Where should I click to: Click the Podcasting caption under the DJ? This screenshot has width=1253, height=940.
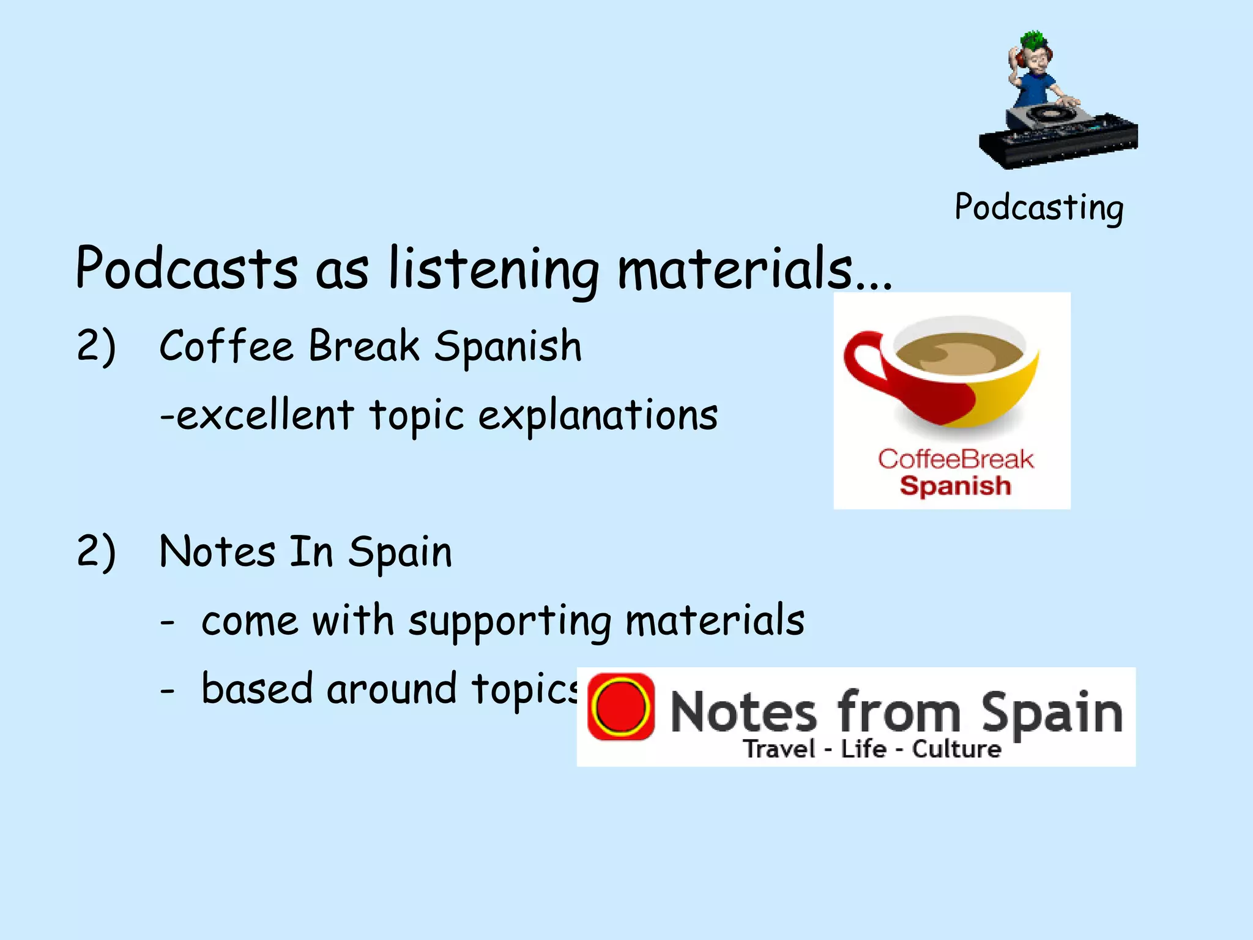tap(1039, 208)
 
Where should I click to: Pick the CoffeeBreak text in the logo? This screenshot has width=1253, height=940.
tap(955, 459)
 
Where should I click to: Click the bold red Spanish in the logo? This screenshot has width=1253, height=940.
tap(955, 486)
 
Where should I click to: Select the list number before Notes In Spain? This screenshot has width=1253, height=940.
tap(96, 552)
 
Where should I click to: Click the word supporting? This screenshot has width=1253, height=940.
tap(510, 621)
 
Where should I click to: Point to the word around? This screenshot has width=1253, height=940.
tap(392, 689)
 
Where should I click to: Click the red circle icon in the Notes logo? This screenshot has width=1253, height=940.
tap(621, 707)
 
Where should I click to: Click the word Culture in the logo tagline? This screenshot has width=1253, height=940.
tap(956, 749)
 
